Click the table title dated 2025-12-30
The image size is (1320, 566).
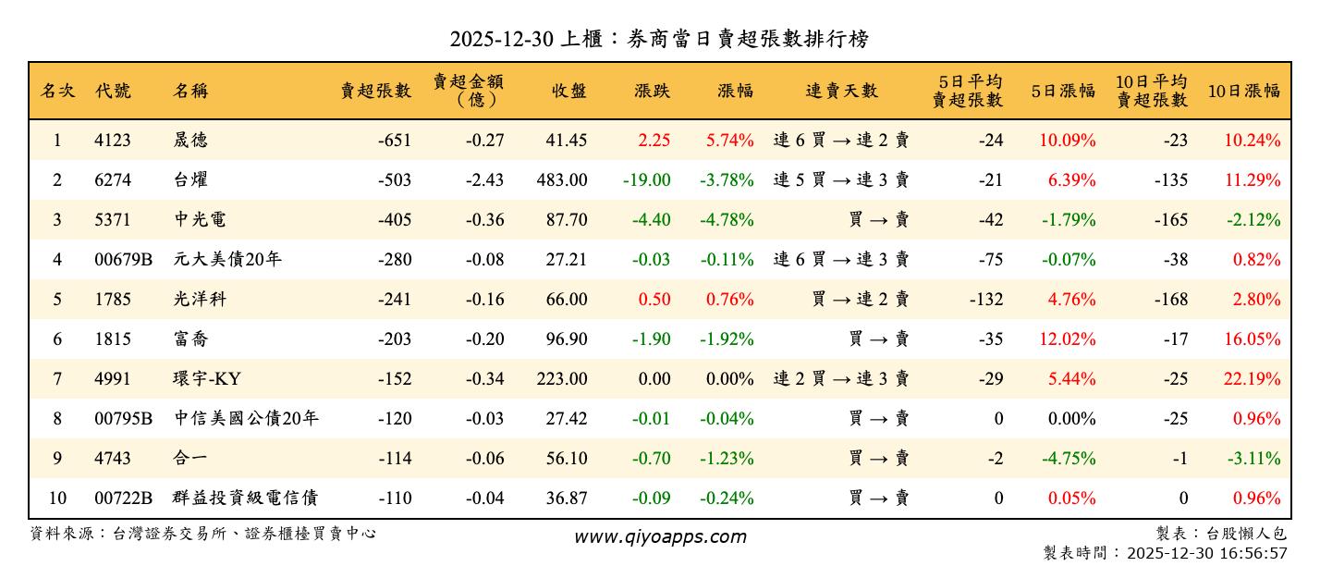(659, 39)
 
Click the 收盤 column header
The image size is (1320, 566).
(568, 91)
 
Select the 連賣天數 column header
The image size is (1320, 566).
(841, 91)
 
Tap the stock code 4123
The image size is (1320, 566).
(113, 141)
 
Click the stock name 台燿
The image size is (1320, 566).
(190, 180)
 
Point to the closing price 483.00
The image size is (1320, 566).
(561, 180)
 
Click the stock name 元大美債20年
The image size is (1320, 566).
(227, 260)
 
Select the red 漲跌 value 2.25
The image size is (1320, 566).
(654, 141)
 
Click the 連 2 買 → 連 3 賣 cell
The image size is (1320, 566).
(840, 379)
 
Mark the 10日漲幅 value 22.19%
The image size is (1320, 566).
(1253, 379)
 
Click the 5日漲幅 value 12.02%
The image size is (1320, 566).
(1068, 339)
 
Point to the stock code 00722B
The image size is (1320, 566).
(123, 498)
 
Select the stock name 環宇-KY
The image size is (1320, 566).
(208, 379)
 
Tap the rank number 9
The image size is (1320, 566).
(57, 459)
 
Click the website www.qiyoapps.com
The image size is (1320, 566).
(659, 537)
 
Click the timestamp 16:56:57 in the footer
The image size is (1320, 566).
(1253, 553)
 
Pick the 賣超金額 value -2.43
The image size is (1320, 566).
(484, 180)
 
